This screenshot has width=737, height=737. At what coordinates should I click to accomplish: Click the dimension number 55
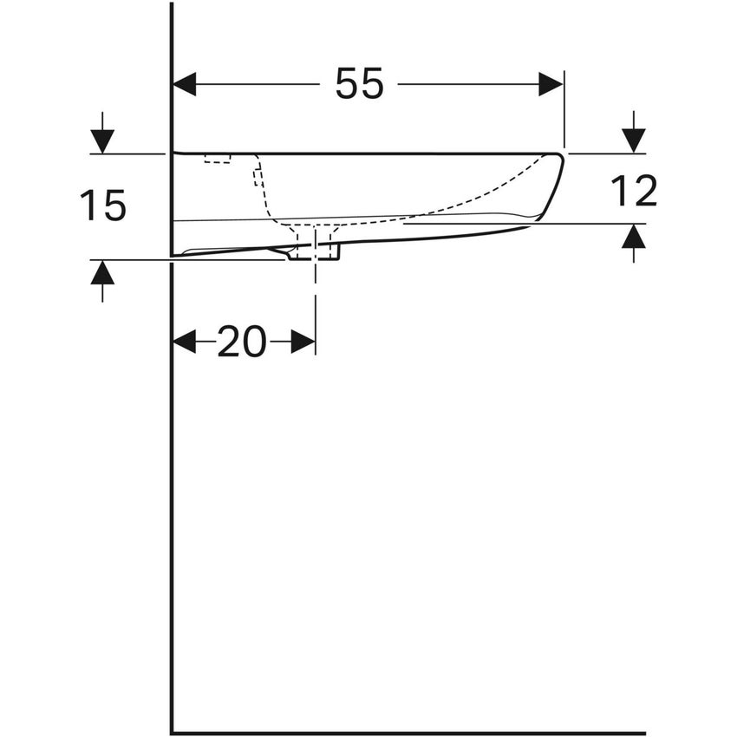359,84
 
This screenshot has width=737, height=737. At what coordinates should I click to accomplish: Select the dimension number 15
103,206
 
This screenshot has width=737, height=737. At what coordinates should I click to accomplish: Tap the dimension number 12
634,191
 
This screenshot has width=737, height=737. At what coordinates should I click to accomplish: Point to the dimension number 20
242,342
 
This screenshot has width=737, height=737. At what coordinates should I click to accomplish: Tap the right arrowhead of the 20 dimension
303,342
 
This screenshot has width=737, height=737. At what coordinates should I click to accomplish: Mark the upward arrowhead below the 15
102,273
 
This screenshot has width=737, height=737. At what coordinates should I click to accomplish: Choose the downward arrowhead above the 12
634,140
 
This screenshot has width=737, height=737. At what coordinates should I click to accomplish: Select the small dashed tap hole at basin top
218,159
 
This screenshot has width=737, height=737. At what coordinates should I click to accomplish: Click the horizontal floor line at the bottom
408,733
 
